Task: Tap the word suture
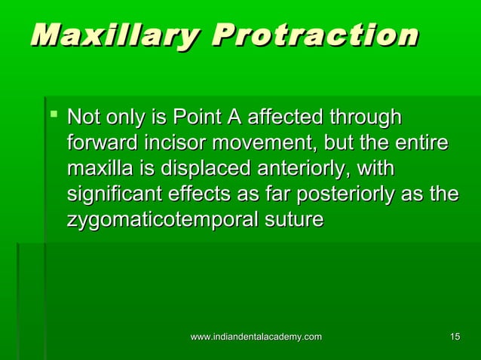click(x=298, y=219)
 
